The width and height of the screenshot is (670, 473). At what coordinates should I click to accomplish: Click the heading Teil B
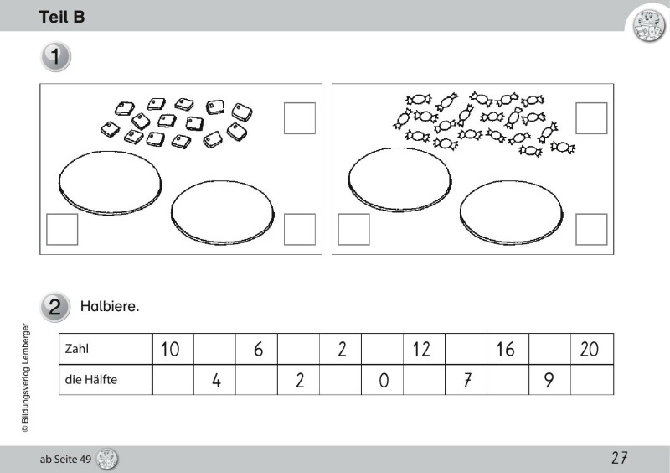(x=62, y=17)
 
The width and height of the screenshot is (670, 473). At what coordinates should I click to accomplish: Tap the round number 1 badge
(x=55, y=56)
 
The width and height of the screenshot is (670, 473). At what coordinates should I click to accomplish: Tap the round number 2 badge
(x=55, y=307)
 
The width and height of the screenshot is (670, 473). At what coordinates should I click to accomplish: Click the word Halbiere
(x=110, y=306)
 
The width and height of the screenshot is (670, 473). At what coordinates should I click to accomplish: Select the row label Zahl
(x=77, y=349)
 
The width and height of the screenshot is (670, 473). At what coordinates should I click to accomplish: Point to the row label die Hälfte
(x=91, y=379)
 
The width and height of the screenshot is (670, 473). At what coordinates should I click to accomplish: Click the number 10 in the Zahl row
(x=170, y=349)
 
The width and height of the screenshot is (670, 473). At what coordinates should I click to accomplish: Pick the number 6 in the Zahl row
(x=259, y=349)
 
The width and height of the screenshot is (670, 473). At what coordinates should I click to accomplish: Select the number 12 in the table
(x=421, y=349)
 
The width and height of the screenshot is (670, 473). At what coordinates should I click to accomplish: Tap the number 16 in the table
(x=505, y=349)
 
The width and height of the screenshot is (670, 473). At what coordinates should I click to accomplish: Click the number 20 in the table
(x=590, y=349)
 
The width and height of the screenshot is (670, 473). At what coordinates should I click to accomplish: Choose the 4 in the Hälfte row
(x=216, y=380)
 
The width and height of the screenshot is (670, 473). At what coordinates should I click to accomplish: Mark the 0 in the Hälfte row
(x=384, y=380)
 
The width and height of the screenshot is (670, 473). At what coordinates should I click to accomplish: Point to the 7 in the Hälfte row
(x=467, y=380)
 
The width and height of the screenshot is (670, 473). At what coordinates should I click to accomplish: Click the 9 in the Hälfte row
(x=549, y=380)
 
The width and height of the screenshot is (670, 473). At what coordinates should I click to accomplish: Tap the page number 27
(x=620, y=458)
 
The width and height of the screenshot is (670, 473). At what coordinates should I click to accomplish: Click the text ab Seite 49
(x=65, y=460)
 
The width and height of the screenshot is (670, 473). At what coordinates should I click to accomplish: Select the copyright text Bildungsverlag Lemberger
(x=26, y=377)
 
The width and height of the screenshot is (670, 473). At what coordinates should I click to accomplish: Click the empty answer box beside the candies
(x=591, y=118)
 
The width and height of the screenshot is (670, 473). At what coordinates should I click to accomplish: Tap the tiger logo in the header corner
(x=648, y=26)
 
